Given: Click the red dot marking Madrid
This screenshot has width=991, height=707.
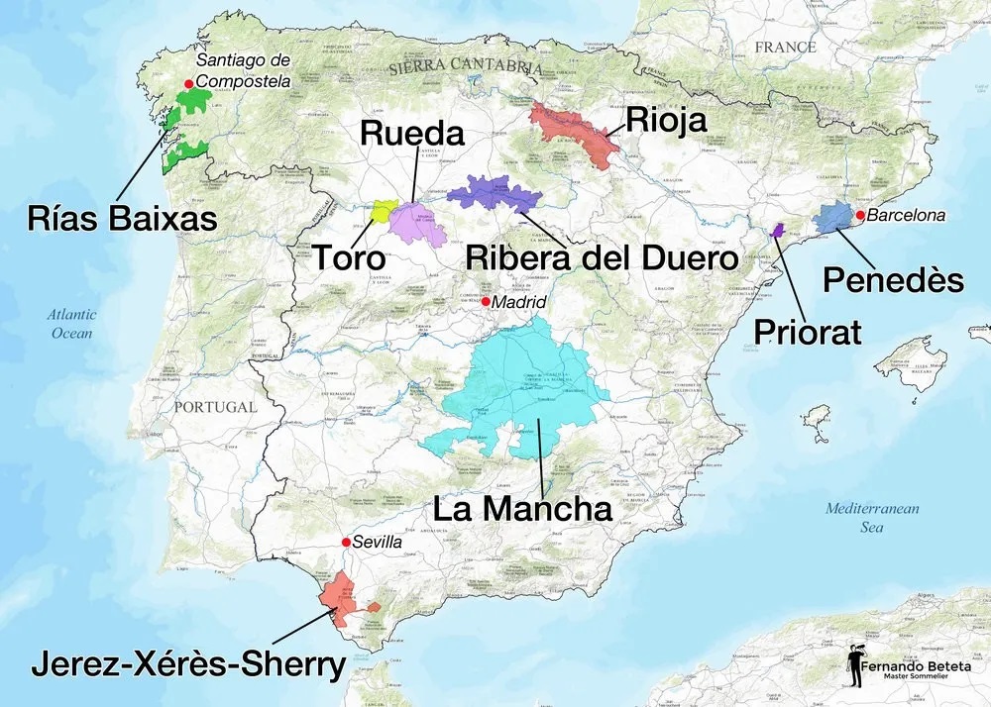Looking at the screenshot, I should point(487,300).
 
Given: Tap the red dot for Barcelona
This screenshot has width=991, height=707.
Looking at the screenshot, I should point(861,215).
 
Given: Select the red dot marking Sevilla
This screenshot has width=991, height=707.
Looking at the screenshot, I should point(345,542).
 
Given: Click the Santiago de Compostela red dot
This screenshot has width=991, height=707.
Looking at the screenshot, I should point(189,84).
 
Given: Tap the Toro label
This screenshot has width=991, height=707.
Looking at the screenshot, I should point(349,257).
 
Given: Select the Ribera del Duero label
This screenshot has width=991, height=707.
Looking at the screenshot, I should point(602,257).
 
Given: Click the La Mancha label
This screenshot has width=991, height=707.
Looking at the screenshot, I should point(522,509).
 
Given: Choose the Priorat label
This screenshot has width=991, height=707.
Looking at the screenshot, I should point(808,331).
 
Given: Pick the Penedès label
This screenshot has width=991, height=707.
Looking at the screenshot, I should point(893,280).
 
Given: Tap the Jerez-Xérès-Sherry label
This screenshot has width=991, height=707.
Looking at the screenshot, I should point(187,664).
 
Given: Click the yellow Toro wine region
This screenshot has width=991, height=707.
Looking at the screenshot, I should point(382,210).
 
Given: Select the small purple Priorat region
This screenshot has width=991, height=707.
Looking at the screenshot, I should point(777,230).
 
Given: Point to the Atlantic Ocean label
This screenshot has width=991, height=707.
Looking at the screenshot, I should point(72,324).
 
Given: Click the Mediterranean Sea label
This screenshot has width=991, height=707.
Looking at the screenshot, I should point(872,518).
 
